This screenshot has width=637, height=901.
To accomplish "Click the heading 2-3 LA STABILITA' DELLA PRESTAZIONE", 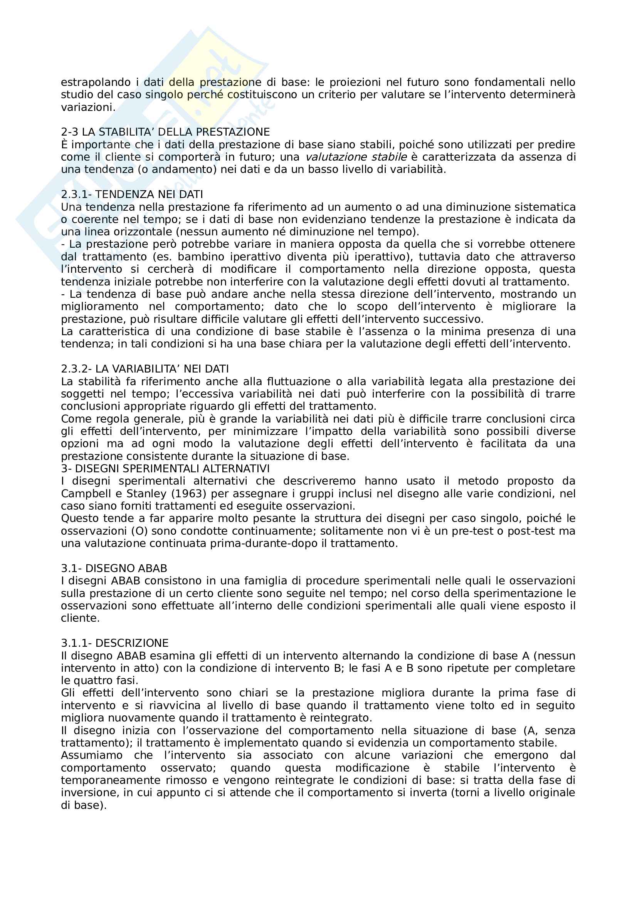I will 165,132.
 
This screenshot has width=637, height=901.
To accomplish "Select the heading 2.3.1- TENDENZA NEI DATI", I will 132,194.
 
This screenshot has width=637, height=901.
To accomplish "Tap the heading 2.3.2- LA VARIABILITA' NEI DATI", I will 145,369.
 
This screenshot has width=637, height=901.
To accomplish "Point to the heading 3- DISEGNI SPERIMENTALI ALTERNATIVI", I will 165,468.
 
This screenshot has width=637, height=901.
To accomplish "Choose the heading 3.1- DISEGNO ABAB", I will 114,568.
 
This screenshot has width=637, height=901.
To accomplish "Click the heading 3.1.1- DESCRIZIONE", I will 114,643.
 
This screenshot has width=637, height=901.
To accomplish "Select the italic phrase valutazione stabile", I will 356,157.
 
